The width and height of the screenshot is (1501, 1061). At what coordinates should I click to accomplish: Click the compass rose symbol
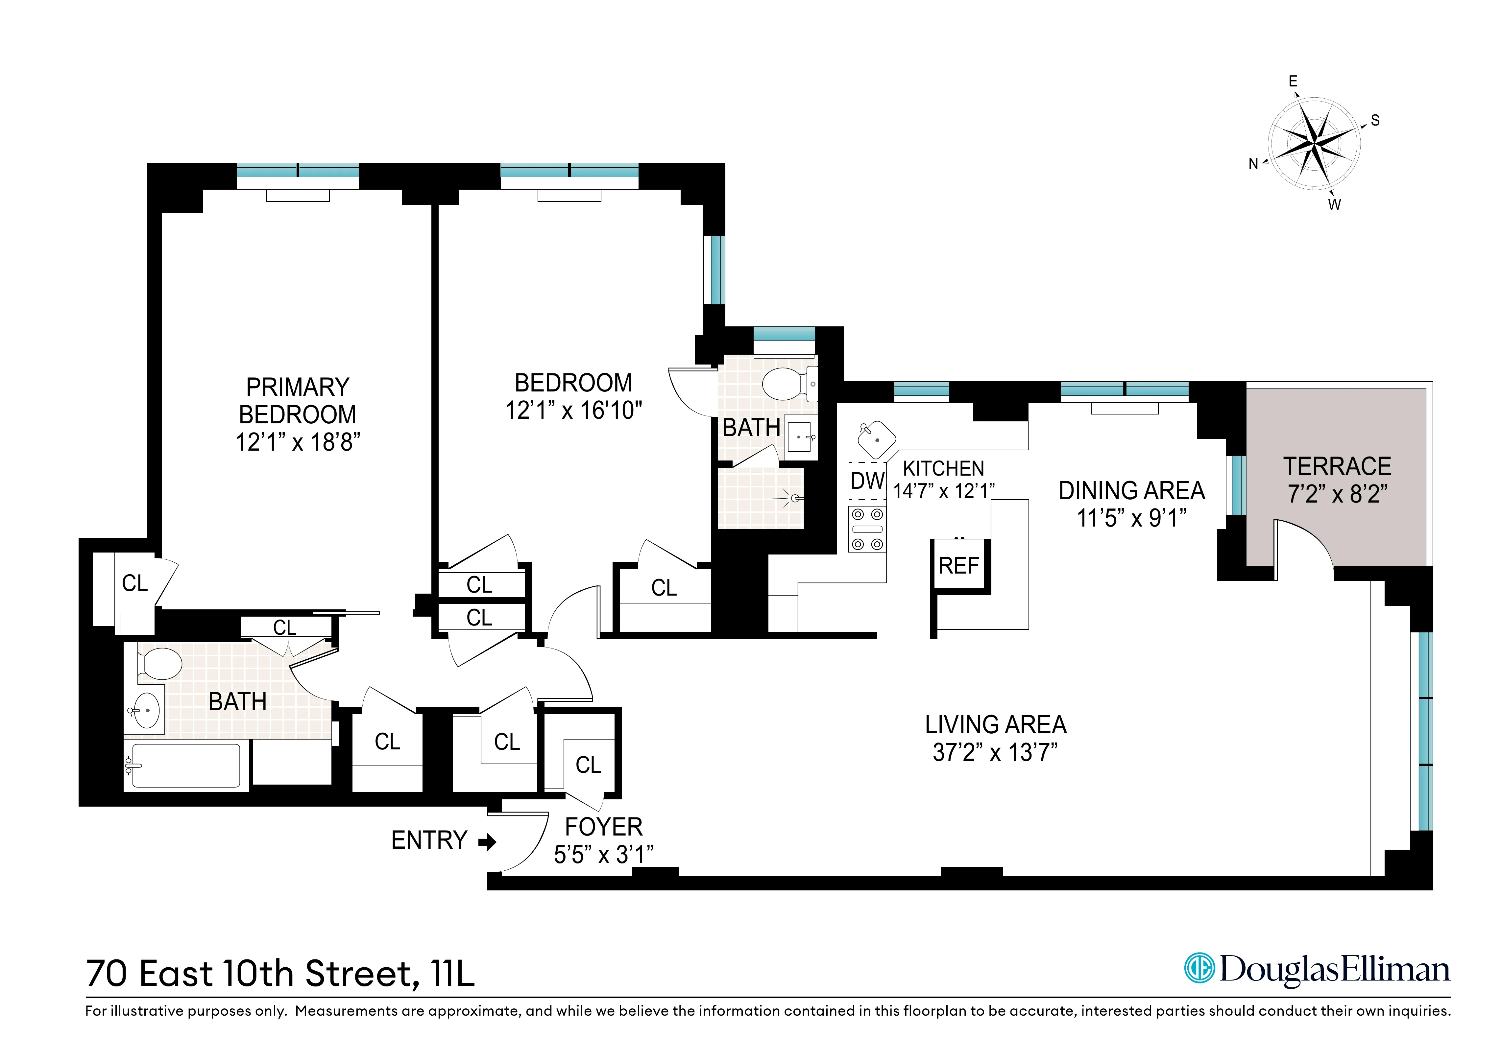pyautogui.click(x=1314, y=142)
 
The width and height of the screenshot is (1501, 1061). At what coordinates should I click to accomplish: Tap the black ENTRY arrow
pyautogui.click(x=487, y=841)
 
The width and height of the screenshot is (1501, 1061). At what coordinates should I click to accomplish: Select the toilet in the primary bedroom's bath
pyautogui.click(x=160, y=664)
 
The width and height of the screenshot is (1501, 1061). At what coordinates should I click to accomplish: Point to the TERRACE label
pyautogui.click(x=1337, y=466)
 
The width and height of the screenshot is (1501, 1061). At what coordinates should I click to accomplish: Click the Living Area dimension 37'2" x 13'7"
pyautogui.click(x=995, y=753)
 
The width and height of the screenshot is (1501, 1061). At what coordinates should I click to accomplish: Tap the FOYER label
pyautogui.click(x=603, y=827)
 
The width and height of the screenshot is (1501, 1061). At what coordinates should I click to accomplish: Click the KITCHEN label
pyautogui.click(x=943, y=468)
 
